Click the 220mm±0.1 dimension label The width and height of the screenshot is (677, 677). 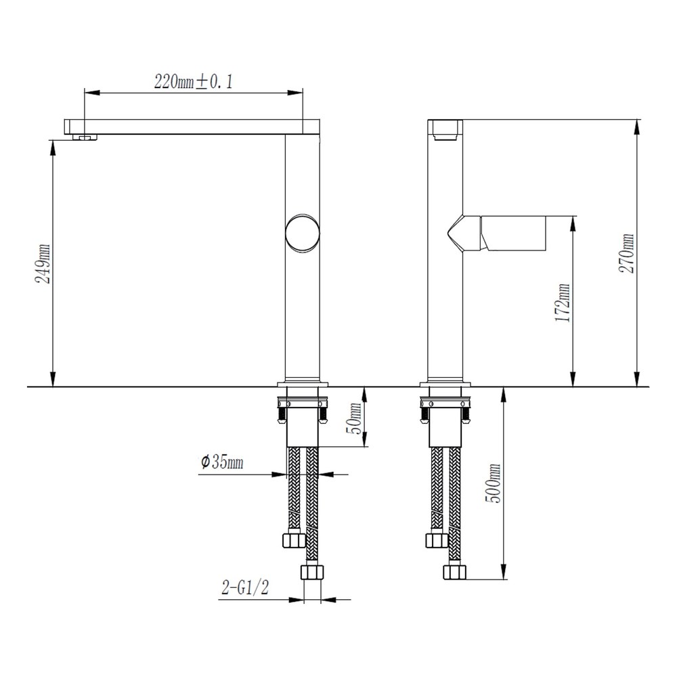point(194,81)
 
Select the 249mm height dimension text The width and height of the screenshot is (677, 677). point(43,263)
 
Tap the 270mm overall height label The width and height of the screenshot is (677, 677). point(626,253)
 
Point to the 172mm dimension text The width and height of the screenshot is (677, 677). point(563,303)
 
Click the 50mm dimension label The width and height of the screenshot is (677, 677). point(355,418)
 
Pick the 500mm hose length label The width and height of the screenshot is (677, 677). point(493,483)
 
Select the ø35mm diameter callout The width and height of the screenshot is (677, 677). point(222,462)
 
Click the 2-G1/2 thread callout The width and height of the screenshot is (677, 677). point(245,587)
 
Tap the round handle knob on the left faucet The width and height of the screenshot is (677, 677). point(303,233)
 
